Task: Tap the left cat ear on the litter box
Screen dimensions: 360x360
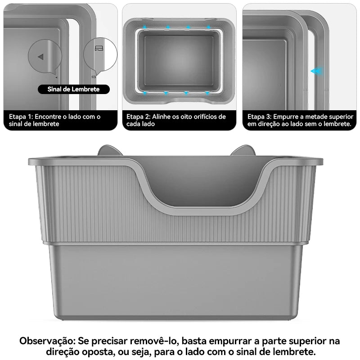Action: (x=109, y=150)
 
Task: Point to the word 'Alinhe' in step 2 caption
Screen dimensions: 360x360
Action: (x=160, y=117)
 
